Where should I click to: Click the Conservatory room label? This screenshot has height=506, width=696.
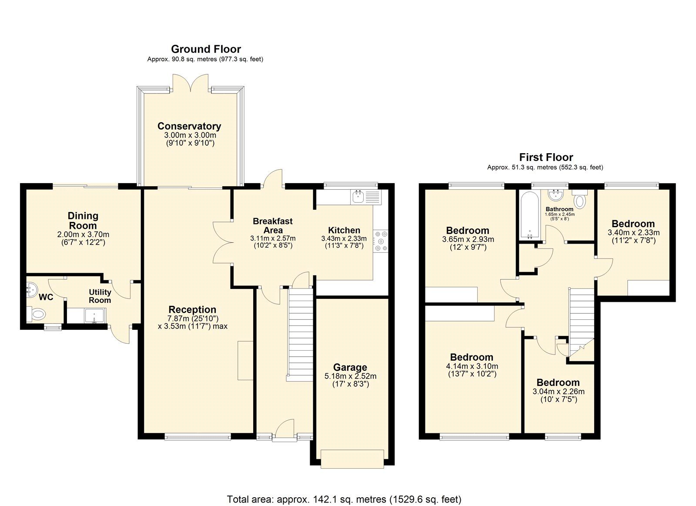[189, 126]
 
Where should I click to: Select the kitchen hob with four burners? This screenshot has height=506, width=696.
[381, 241]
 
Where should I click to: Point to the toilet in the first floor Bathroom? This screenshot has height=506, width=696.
[580, 201]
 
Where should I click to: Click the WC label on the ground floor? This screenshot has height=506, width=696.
[46, 297]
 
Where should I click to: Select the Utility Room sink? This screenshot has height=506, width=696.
[94, 315]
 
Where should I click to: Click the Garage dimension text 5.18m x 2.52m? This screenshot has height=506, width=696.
[350, 376]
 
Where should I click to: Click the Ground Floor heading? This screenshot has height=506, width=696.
[206, 49]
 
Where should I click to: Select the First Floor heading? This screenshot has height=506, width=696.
[546, 157]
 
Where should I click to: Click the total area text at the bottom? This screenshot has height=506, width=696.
[344, 499]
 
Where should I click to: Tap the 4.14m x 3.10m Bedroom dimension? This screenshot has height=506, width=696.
[472, 366]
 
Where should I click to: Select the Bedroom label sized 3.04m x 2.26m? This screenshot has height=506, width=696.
[558, 382]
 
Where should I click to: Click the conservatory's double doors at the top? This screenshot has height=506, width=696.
[190, 84]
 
